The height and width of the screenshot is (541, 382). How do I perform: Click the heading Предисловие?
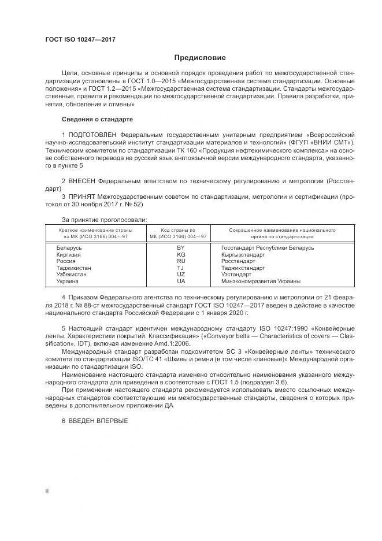(201, 58)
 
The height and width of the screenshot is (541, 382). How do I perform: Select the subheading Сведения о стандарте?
(97, 119)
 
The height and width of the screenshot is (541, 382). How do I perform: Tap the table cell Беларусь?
(69, 247)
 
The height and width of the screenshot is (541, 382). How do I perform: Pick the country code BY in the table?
(181, 247)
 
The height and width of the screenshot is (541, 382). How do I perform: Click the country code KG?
(181, 254)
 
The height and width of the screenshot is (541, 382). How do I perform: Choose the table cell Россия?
(66, 261)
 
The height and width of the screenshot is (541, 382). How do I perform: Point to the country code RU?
(181, 261)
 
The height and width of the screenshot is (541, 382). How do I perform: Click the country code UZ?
(181, 275)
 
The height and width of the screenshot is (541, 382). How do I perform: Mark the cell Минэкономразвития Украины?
(261, 281)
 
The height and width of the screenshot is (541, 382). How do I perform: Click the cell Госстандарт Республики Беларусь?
(268, 247)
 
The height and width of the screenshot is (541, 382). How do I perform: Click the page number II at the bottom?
(47, 490)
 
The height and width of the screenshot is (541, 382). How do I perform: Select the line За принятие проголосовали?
(104, 220)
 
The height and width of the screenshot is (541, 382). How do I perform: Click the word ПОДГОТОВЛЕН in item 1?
(92, 134)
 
